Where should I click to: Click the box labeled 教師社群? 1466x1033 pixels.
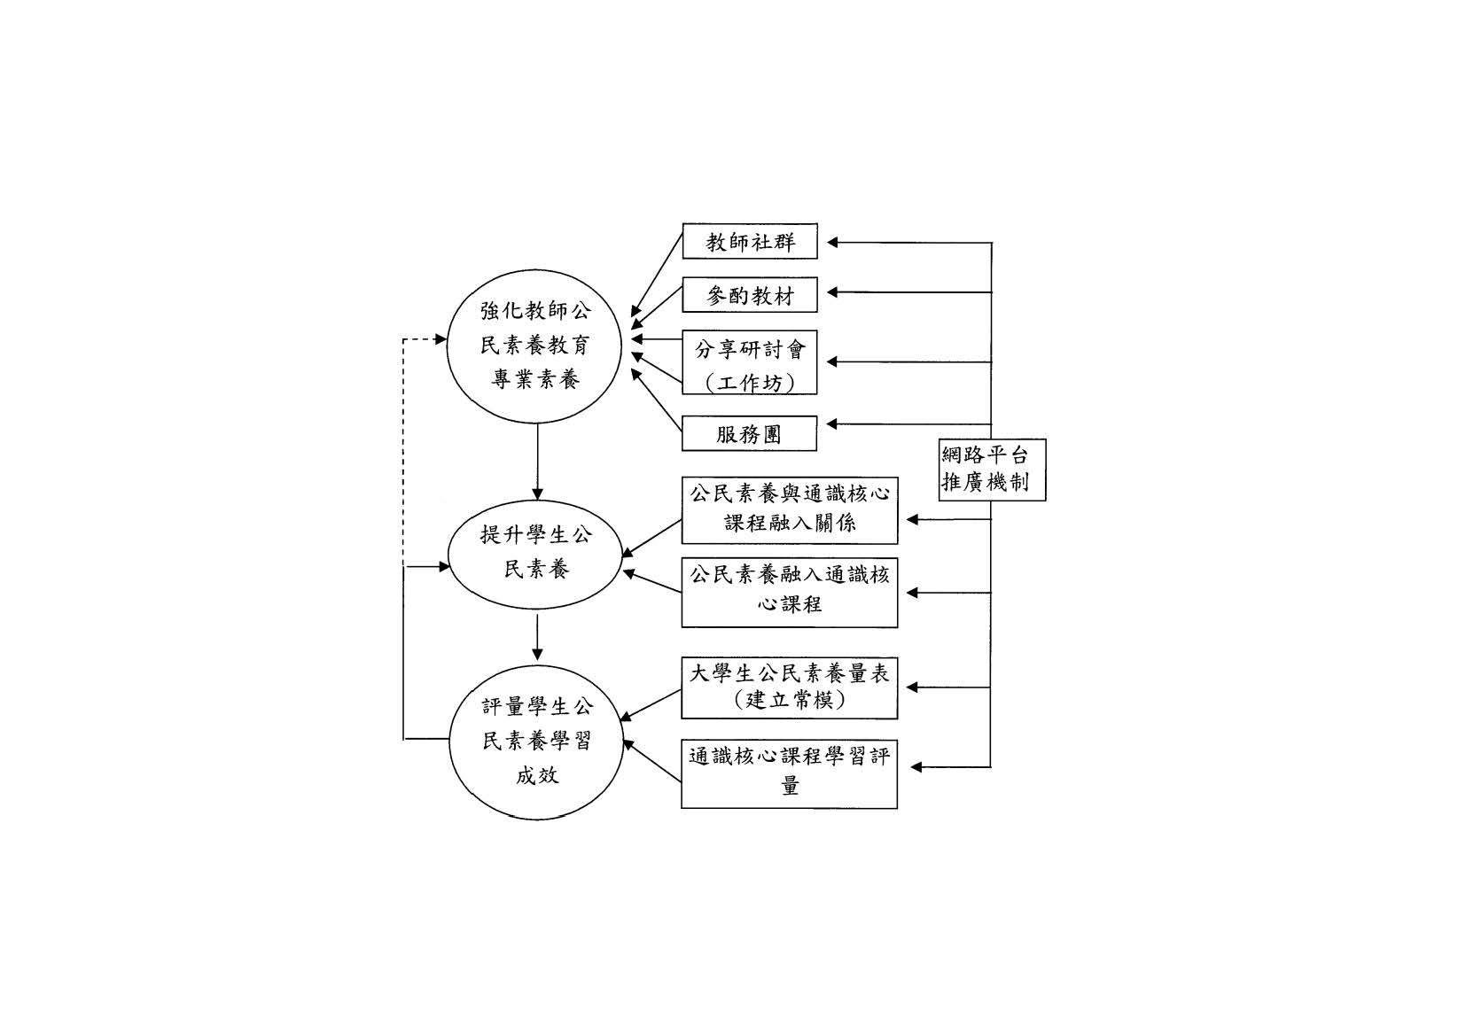click(749, 242)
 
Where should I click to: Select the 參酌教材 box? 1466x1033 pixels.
click(749, 295)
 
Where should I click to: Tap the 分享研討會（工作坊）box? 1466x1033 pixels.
click(749, 362)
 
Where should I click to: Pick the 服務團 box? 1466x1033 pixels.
click(749, 434)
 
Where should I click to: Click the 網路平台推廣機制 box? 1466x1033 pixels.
click(992, 470)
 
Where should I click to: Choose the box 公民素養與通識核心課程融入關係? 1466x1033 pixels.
click(789, 510)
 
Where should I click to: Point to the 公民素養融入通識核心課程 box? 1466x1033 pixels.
click(789, 592)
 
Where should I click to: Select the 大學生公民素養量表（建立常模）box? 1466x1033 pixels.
click(789, 687)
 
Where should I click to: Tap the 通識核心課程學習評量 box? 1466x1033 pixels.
click(789, 773)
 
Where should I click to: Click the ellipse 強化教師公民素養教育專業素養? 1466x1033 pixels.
click(537, 346)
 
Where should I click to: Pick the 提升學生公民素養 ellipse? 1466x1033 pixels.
click(537, 552)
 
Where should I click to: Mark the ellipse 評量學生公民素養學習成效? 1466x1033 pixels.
click(537, 742)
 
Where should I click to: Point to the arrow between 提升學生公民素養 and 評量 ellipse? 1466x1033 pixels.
click(537, 638)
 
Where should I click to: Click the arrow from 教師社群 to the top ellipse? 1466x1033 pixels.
click(657, 275)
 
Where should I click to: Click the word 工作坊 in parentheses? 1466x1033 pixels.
click(750, 384)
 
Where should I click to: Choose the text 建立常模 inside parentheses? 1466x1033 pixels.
click(790, 701)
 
